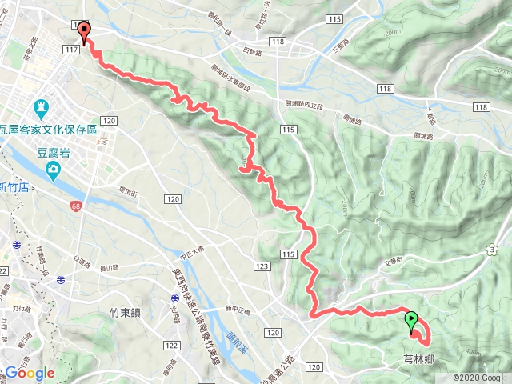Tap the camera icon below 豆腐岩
pos(53,168)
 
